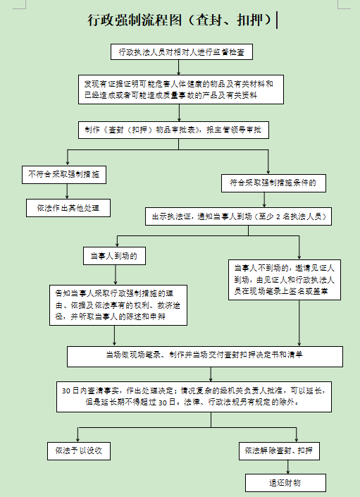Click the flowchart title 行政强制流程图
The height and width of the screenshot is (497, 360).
tap(135, 20)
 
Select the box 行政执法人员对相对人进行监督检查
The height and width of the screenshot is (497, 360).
tap(182, 51)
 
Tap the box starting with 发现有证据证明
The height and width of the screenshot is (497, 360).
tap(181, 90)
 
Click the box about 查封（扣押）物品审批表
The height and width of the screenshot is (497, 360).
tap(173, 130)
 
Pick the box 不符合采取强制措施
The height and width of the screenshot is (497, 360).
tap(64, 175)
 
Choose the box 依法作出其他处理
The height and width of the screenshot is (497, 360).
tap(68, 208)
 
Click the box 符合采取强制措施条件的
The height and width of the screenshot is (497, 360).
tap(273, 183)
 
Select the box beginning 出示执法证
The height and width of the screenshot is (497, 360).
tap(238, 216)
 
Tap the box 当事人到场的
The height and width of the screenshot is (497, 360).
tap(114, 256)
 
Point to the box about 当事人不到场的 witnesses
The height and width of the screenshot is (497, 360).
tap(285, 280)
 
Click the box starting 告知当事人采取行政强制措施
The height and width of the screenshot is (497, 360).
tap(118, 305)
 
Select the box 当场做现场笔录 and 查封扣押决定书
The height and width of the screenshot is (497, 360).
tap(205, 357)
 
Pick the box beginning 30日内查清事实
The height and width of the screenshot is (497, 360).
tap(194, 397)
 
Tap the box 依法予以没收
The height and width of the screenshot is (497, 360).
tap(79, 451)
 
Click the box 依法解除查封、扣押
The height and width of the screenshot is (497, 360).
tap(279, 451)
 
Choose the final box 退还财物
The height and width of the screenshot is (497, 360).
tap(285, 483)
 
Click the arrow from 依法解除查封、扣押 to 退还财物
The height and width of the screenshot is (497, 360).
tap(288, 467)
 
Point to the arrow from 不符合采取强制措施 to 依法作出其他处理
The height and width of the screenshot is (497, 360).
tap(67, 191)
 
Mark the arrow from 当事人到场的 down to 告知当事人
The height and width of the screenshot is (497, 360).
tap(116, 275)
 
